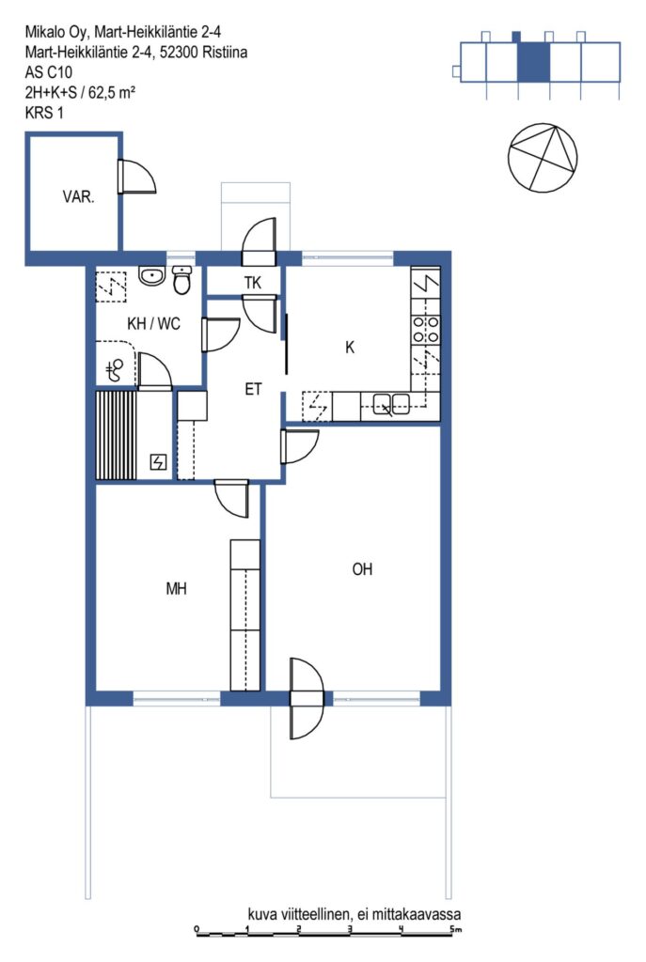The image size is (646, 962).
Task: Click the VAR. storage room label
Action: point(78,197)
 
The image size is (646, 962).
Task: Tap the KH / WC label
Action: point(153,323)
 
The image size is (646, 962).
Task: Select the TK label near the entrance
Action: point(252,283)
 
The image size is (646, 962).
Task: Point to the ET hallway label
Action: point(253,389)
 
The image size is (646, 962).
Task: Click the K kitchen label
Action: point(350,348)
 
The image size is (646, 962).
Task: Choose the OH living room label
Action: point(362,569)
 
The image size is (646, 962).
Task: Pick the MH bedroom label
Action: point(176,589)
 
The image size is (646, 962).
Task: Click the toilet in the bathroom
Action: point(181,280)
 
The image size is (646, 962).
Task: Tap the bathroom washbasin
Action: point(150,276)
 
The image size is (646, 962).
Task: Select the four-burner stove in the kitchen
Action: point(426,329)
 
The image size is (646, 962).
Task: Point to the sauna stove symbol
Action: point(158,462)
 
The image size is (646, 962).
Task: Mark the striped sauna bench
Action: point(116,435)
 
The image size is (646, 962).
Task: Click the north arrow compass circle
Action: point(543,158)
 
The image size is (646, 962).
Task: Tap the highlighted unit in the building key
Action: point(533,62)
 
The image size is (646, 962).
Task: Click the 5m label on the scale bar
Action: point(455,930)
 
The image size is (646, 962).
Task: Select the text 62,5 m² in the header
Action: point(112,92)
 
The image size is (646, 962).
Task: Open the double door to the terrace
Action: point(307,698)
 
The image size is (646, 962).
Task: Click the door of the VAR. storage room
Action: point(136,177)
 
